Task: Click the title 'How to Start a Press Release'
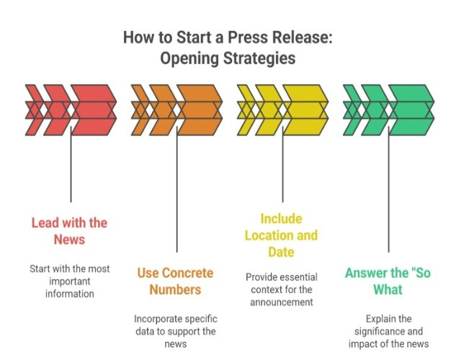pos(229,37)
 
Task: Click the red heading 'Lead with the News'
pos(69,231)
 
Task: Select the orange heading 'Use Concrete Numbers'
pos(175,282)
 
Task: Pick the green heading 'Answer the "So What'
pos(389,282)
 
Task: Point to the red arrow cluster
pos(71,110)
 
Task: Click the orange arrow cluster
pos(176,110)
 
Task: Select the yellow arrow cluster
pos(282,110)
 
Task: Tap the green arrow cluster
pos(389,110)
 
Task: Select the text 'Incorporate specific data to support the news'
pos(176,331)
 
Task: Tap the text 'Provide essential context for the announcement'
pos(282,289)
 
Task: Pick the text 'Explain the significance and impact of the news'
pos(389,331)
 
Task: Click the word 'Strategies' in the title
pos(259,58)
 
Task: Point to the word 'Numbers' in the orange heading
pos(175,290)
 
